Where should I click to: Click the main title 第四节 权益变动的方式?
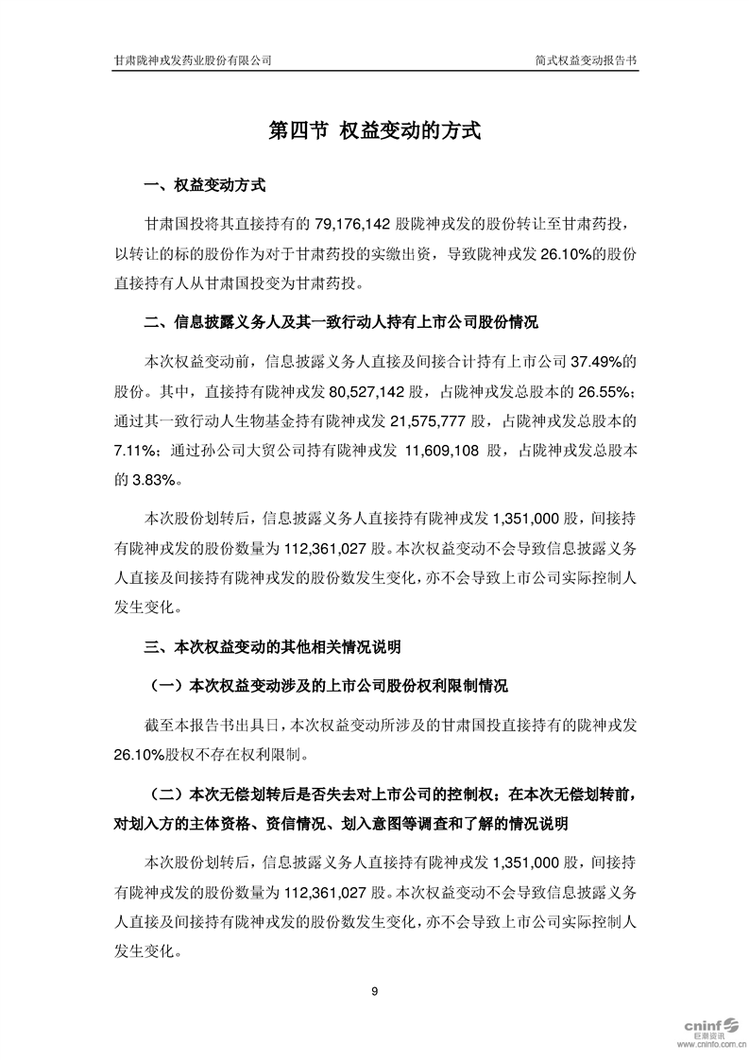tap(375, 130)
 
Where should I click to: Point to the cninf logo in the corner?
tap(703, 1022)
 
